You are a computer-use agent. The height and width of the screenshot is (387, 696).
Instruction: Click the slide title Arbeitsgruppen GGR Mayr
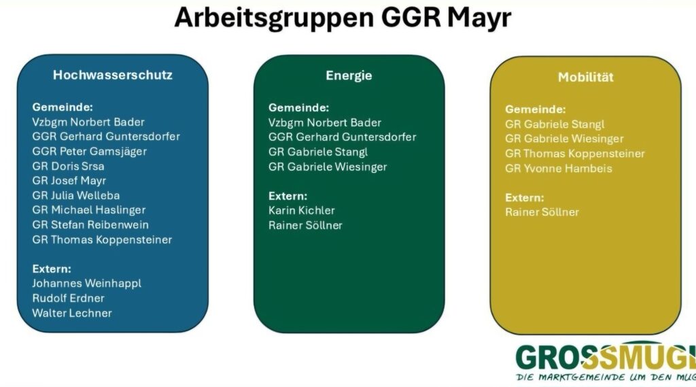[x=343, y=18]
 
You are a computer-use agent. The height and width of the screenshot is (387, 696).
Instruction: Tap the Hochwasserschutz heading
[x=113, y=75]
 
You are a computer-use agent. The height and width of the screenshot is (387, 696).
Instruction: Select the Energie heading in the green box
[x=349, y=75]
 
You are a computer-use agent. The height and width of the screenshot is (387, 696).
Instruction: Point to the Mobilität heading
[x=585, y=77]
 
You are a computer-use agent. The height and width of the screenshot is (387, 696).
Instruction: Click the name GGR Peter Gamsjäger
[x=89, y=152]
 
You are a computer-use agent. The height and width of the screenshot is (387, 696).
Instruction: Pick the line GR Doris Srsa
[x=68, y=166]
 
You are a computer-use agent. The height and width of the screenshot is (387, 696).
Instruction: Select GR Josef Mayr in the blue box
[x=69, y=181]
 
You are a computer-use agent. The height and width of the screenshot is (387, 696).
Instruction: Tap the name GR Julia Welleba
[x=76, y=195]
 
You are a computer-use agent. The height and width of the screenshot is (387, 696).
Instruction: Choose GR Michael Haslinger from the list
[x=89, y=210]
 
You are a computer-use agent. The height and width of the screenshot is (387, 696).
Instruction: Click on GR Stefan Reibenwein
[x=90, y=225]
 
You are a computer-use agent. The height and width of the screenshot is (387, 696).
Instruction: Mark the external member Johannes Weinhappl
[x=86, y=284]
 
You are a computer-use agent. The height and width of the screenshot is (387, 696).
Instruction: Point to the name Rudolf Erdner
[x=69, y=298]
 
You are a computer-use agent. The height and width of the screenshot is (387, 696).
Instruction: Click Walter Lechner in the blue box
[x=72, y=313]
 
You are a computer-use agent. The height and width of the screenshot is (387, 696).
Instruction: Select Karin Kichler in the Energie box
[x=301, y=211]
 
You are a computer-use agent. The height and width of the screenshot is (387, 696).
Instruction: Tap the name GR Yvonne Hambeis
[x=559, y=169]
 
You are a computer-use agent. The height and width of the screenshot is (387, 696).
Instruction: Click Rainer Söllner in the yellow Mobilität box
[x=542, y=212]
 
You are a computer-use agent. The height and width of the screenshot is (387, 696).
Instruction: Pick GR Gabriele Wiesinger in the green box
[x=328, y=167]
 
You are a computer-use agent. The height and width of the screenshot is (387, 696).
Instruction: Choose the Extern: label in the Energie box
[x=288, y=196]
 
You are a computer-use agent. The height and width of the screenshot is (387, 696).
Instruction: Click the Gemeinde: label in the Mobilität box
[x=536, y=110]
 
